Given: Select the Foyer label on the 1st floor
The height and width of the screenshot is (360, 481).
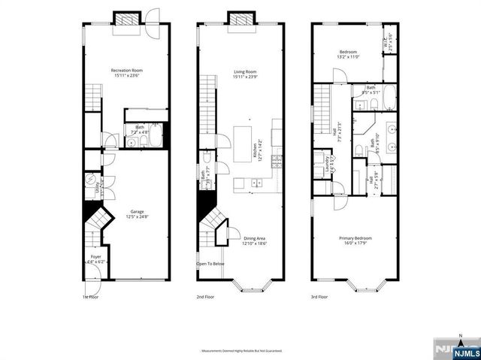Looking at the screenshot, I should [95, 259].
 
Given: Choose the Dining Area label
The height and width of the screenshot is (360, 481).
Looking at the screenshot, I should [254, 241].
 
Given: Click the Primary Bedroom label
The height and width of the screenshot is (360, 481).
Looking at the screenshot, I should [358, 241].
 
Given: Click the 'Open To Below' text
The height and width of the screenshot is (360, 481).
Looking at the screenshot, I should [210, 264].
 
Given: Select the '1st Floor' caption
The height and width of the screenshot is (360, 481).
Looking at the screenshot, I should [90, 297].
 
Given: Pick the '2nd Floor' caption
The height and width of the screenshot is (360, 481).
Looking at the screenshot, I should [206, 297].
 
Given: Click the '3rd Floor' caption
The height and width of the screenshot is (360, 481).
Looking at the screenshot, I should [320, 297].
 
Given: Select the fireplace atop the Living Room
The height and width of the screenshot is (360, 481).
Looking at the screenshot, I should [241, 18].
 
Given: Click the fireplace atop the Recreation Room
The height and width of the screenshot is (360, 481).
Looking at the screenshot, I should [124, 19].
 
